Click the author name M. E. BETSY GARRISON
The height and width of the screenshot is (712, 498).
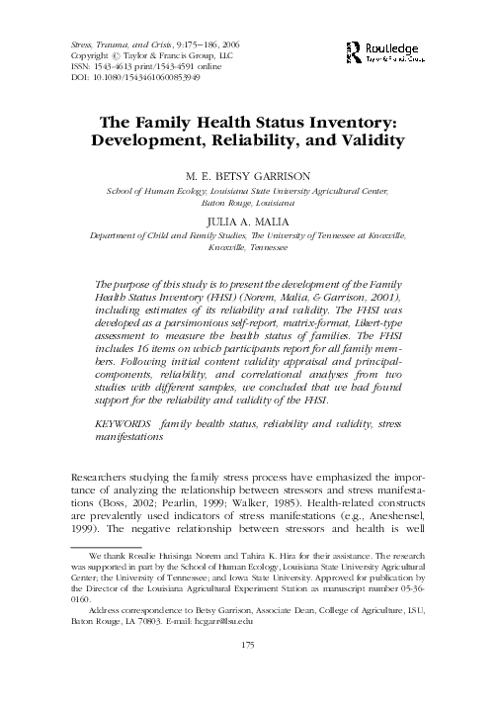(248, 174)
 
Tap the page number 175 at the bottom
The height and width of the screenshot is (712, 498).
(249, 674)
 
